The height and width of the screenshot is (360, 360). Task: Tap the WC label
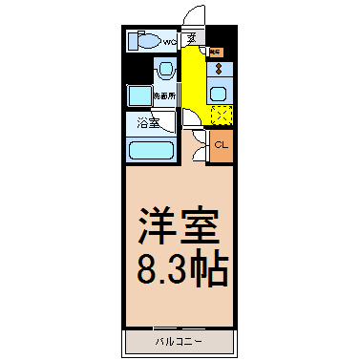[x=168, y=42]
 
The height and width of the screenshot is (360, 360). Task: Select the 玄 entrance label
[x=192, y=39]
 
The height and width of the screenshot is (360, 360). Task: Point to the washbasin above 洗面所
[x=164, y=71]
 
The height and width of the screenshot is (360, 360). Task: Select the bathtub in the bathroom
[x=150, y=151]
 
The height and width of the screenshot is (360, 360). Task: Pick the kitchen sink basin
[x=220, y=93]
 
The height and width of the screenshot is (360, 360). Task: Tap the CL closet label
[x=221, y=145]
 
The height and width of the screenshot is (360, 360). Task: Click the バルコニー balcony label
[x=179, y=341]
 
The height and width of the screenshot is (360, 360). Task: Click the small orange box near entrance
[x=216, y=51]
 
